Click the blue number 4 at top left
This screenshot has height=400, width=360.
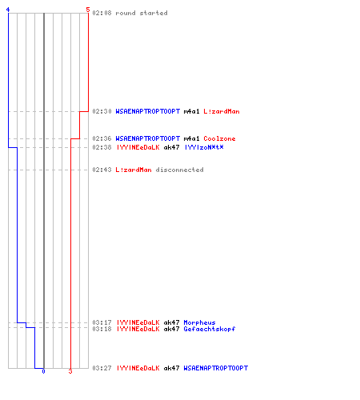coord(8,10)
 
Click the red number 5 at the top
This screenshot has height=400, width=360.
coord(88,10)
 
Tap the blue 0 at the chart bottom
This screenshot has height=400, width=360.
coord(43,371)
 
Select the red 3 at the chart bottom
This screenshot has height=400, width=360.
coord(70,371)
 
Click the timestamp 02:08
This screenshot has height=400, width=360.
coord(102,13)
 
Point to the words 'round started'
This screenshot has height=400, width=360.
coord(142,13)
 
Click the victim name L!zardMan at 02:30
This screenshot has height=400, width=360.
coord(222,111)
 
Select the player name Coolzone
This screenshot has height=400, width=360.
coord(219,138)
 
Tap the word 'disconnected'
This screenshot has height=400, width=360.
coord(179,170)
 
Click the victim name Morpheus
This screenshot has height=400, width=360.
coord(199,322)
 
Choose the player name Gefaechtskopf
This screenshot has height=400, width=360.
coord(210,329)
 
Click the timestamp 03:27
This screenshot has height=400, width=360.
coord(102,368)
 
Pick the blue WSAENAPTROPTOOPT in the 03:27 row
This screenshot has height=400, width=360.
coord(216,368)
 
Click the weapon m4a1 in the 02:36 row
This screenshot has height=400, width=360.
coord(191,138)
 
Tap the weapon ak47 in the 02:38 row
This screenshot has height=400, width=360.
coord(171,147)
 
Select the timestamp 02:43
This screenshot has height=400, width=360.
coord(102,170)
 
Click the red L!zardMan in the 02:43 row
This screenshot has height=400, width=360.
coord(134,170)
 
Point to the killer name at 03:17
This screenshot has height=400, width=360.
coord(138,322)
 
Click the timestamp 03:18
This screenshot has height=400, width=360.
coord(102,329)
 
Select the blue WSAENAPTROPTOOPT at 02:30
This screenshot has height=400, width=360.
coord(148,111)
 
